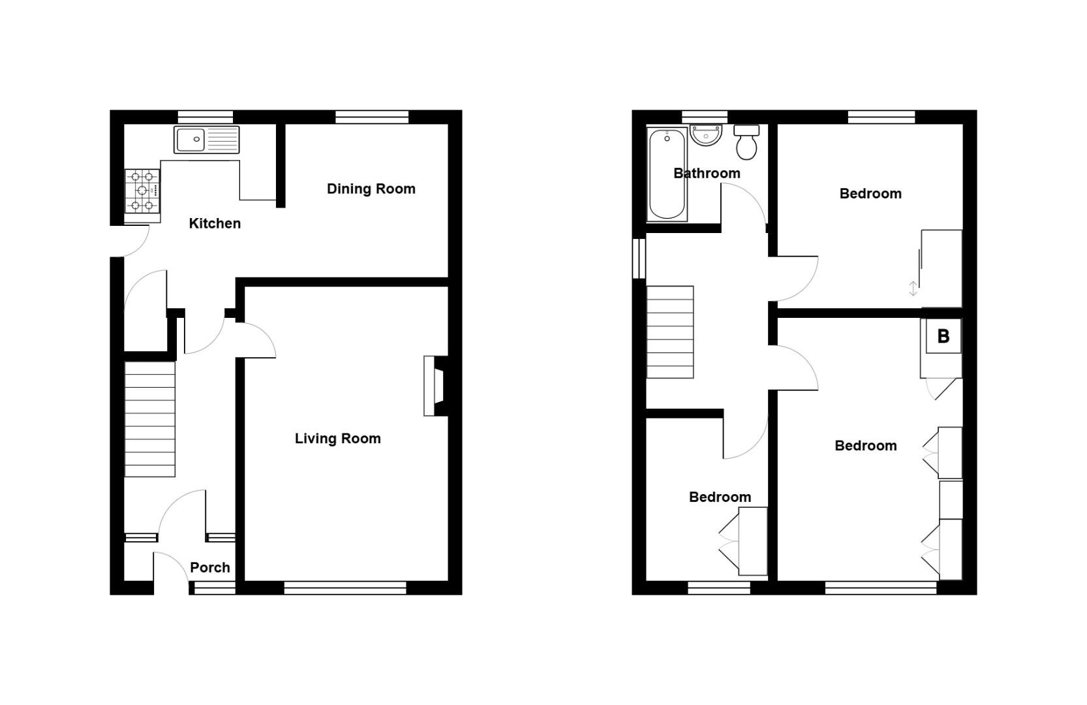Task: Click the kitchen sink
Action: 206,140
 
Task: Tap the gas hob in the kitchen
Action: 143,191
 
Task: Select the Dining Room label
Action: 371,189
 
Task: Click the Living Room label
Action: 337,439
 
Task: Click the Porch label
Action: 209,567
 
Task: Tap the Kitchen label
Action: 215,223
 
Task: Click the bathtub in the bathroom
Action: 667,174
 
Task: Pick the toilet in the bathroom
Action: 746,142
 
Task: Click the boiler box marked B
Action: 943,336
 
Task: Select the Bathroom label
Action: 707,173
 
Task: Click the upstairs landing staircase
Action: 670,332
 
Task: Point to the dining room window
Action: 372,117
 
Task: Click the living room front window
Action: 345,589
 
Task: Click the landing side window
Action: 639,258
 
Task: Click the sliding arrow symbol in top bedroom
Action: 913,288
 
